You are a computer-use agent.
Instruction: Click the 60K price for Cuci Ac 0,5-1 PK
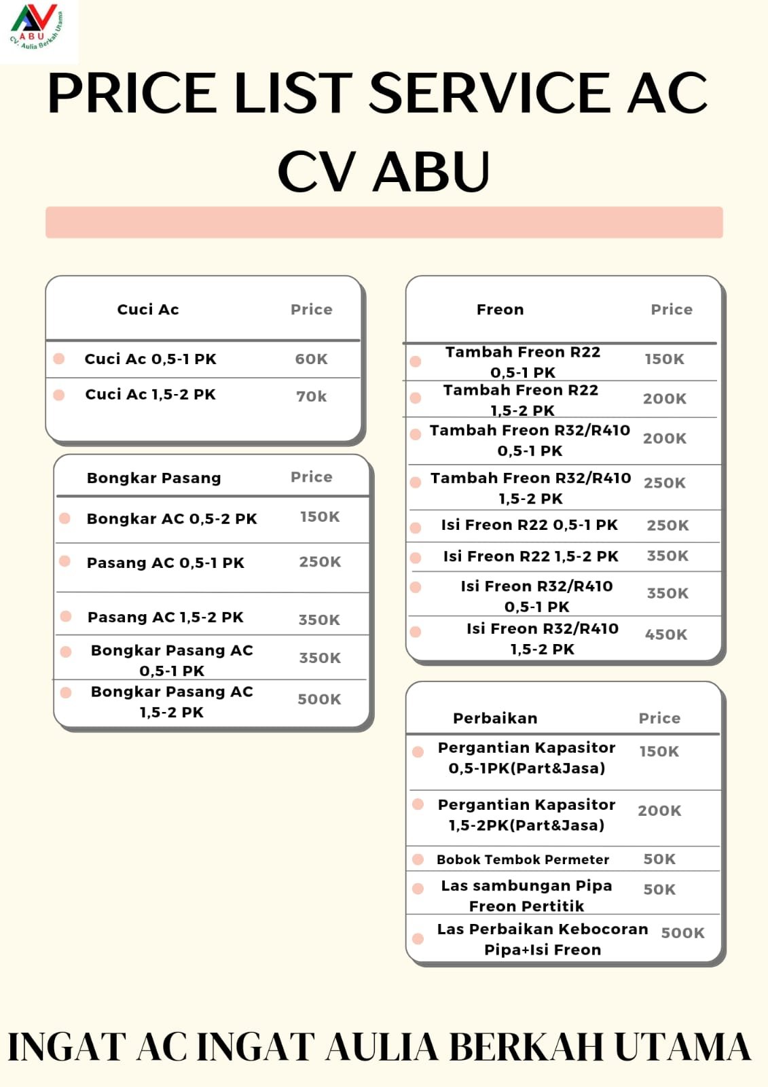pyautogui.click(x=311, y=359)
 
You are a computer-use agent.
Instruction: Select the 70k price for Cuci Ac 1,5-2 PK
pyautogui.click(x=311, y=396)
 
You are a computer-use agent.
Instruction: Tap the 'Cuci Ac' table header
pyautogui.click(x=148, y=310)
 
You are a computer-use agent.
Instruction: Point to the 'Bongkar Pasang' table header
pyautogui.click(x=153, y=478)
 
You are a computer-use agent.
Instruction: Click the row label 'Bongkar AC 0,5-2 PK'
pyautogui.click(x=172, y=519)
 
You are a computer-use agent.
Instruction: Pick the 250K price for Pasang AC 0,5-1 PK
pyautogui.click(x=320, y=562)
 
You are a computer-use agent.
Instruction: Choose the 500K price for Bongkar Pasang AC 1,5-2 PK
pyautogui.click(x=319, y=699)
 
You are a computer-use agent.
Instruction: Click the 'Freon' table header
pyautogui.click(x=500, y=310)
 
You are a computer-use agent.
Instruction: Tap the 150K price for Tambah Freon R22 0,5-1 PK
pyautogui.click(x=664, y=359)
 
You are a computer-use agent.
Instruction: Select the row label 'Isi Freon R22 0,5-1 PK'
pyautogui.click(x=529, y=525)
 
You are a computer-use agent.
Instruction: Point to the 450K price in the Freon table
pyautogui.click(x=665, y=635)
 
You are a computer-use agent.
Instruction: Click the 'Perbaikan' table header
pyautogui.click(x=495, y=718)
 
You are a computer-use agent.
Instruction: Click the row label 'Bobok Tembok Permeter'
pyautogui.click(x=523, y=859)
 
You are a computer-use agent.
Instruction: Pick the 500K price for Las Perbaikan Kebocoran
pyautogui.click(x=682, y=933)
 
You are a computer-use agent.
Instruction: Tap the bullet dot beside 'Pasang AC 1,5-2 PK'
pyautogui.click(x=66, y=616)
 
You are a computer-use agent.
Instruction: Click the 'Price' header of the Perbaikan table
pyautogui.click(x=659, y=718)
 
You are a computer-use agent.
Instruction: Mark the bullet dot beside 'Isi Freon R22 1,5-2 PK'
pyautogui.click(x=416, y=558)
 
